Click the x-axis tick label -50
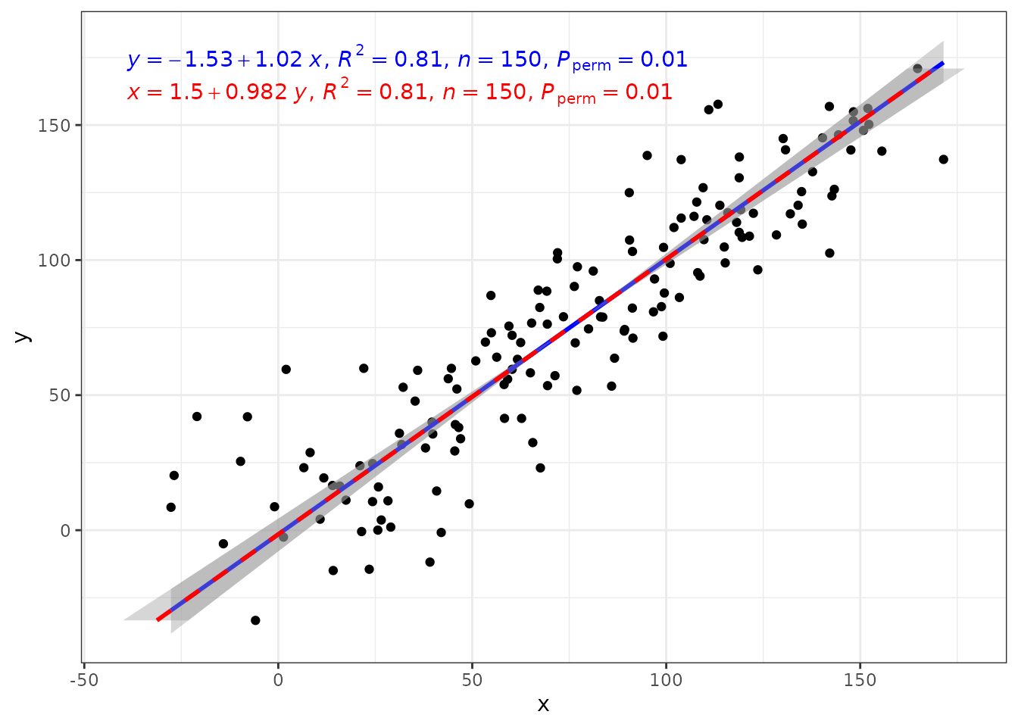(x=84, y=681)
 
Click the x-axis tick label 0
(x=278, y=681)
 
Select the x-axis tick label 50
(x=472, y=681)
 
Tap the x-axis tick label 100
(x=666, y=681)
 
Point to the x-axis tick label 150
(x=860, y=681)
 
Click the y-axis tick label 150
(x=54, y=126)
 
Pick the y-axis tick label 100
(x=54, y=261)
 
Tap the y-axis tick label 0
(x=65, y=531)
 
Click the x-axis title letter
(x=544, y=705)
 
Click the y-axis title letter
(x=23, y=337)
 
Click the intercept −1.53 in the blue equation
(x=201, y=60)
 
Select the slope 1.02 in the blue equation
(x=279, y=60)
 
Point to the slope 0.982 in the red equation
(x=256, y=92)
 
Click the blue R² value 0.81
(x=418, y=60)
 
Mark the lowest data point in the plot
(x=255, y=620)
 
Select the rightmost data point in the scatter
(x=944, y=160)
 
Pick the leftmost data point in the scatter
(x=171, y=507)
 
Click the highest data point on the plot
(x=917, y=69)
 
